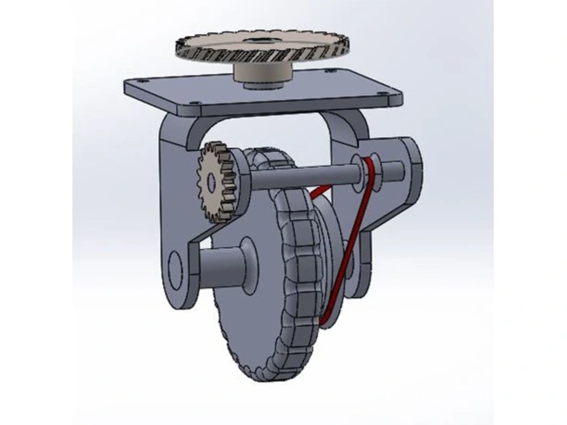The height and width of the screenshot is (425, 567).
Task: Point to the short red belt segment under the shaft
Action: coord(321,192)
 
